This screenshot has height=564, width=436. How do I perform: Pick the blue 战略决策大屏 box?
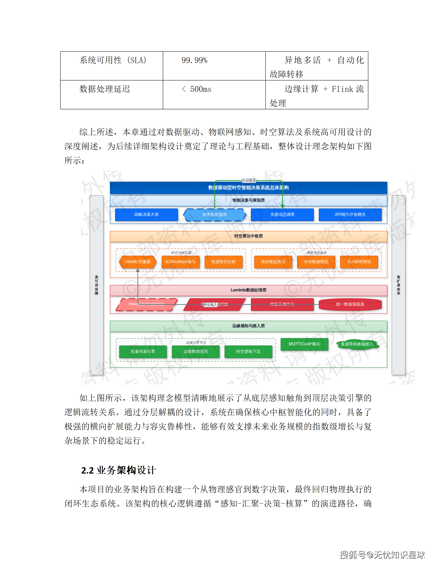[146, 215]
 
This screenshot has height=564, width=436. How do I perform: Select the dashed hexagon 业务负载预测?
[214, 215]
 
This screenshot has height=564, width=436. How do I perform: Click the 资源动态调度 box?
[282, 215]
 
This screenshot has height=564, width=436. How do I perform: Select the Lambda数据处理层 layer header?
[248, 290]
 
